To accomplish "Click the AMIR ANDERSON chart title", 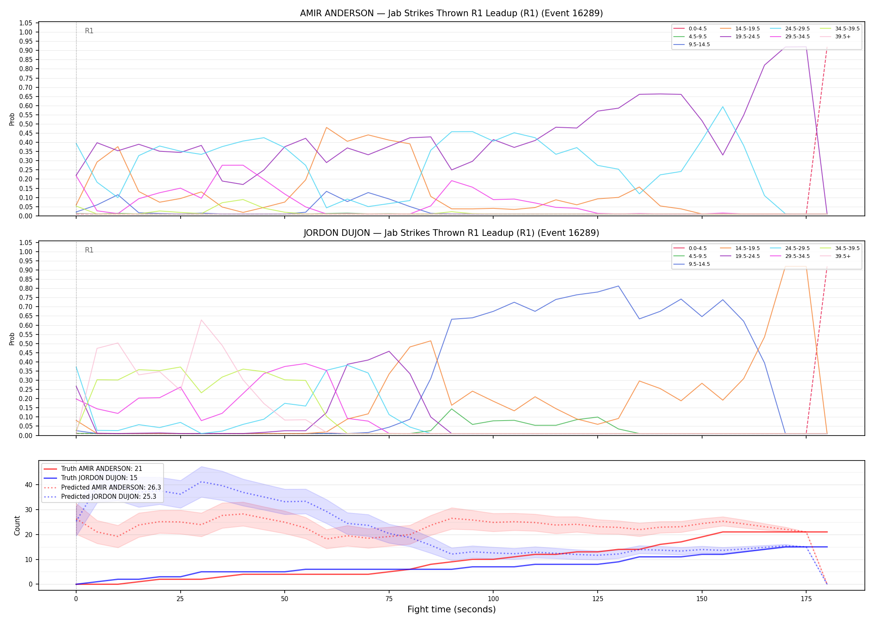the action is tap(451, 13).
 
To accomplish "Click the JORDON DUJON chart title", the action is tap(451, 233).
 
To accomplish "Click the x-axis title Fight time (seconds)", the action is tap(452, 609).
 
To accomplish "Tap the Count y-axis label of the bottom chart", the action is tap(17, 525).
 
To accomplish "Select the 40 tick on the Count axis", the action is tap(29, 485).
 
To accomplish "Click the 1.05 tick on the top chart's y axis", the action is tap(26, 23).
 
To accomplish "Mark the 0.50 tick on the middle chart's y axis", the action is tap(26, 344).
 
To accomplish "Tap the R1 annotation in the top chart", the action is tap(89, 31).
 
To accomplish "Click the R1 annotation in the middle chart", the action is tap(89, 250).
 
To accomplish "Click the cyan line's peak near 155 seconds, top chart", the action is tap(723, 106).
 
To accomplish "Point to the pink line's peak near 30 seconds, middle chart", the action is tap(201, 320).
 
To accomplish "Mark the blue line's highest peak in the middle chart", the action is tap(618, 286).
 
